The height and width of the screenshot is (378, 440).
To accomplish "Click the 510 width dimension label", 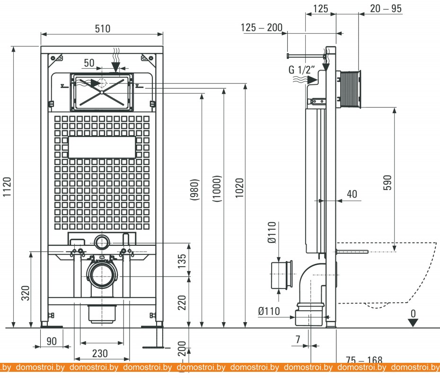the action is click(102, 29).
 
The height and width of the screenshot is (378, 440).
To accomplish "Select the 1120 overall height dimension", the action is click(7, 187).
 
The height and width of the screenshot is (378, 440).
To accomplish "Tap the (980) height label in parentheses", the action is click(194, 189).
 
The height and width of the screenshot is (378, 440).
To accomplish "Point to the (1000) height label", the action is click(217, 189).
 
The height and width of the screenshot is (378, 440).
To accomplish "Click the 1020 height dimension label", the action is click(239, 188).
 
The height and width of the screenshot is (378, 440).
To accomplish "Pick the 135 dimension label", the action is click(182, 261).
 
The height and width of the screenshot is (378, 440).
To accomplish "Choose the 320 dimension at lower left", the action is click(26, 293).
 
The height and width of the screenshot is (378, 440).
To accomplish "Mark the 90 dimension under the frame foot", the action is click(52, 341).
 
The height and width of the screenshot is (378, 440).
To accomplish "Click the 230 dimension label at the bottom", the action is click(100, 353).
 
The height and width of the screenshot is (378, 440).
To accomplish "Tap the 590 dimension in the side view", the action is click(387, 183).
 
